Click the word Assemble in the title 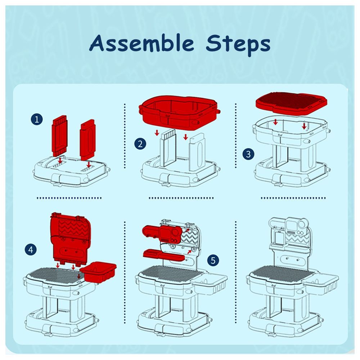click(x=141, y=43)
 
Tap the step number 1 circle click(x=37, y=119)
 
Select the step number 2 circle click(x=140, y=144)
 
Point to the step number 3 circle click(x=248, y=154)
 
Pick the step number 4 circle click(x=31, y=249)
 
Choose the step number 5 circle click(x=213, y=260)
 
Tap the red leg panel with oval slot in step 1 click(x=87, y=140)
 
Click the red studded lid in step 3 click(x=291, y=102)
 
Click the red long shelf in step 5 click(x=164, y=255)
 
